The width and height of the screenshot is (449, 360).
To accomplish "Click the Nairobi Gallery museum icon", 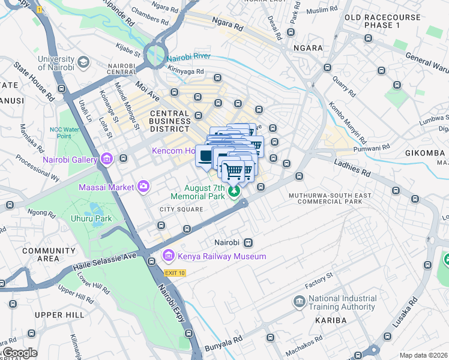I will coord(107,159).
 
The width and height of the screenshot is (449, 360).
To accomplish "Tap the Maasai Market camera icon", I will coord(143,187).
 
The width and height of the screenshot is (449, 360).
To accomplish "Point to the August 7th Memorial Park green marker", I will coord(234,191).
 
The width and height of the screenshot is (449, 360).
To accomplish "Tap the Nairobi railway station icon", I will coord(247,243).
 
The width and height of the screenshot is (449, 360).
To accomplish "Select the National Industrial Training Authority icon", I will coord(299,302).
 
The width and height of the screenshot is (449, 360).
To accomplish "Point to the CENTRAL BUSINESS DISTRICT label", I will coord(170,121).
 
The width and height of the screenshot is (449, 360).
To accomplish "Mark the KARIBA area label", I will coord(331,320).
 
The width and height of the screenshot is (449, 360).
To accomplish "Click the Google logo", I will coord(19,353).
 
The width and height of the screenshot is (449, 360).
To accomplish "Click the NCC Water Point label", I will coord(68,132).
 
